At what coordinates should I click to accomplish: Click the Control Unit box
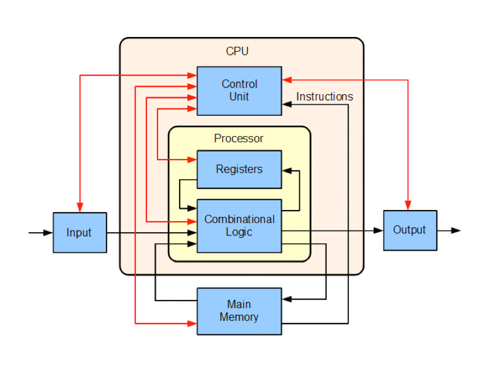(239, 91)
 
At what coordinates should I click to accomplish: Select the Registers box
(239, 169)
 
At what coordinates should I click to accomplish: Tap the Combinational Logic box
(239, 225)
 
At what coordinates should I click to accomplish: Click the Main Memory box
(239, 311)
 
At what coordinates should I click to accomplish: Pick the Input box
(79, 232)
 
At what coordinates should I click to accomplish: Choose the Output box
(410, 230)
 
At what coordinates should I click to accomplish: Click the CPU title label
(238, 51)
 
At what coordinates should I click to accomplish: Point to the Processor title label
(239, 138)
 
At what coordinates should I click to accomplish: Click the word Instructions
(324, 97)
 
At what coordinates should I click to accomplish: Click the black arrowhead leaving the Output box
(455, 230)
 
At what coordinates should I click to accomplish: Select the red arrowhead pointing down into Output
(407, 205)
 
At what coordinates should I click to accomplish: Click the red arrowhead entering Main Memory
(192, 322)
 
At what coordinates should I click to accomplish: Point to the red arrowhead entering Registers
(192, 160)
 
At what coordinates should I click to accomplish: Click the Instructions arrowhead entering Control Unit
(287, 105)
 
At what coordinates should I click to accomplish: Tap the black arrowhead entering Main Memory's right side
(287, 299)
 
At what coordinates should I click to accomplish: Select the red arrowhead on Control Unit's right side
(287, 79)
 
